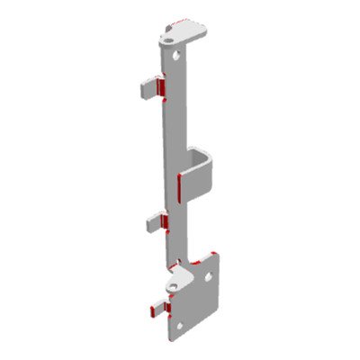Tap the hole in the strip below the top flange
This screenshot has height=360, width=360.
(x=178, y=54)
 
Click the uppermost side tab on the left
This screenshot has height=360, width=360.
(x=148, y=87)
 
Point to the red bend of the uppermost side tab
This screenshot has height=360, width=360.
(x=160, y=86)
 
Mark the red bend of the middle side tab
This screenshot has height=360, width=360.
(x=164, y=220)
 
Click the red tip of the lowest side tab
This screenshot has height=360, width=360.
(x=146, y=312)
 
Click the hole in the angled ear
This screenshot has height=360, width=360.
(x=172, y=286)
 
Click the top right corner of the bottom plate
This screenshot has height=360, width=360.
(x=220, y=254)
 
